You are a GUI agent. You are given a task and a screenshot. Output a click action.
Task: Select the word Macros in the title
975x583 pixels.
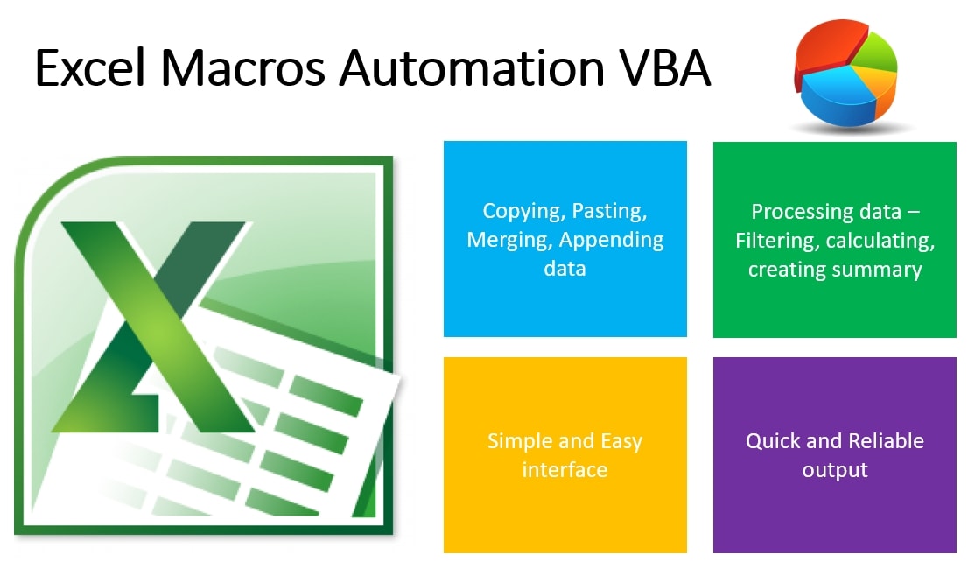point(243,67)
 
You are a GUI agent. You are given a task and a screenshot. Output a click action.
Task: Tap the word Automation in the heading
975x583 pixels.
point(472,67)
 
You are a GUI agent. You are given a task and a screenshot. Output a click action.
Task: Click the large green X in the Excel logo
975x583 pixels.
point(156,327)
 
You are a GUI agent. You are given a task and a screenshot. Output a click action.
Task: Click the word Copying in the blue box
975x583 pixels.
point(523,212)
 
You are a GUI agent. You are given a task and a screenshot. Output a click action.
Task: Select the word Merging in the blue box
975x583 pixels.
point(509,241)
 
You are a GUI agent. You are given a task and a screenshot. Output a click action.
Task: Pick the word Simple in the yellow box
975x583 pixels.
point(520,441)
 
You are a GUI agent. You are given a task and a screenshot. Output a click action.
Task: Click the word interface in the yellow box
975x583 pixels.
point(565,470)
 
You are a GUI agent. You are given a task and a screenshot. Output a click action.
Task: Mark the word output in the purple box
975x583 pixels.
point(834,470)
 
